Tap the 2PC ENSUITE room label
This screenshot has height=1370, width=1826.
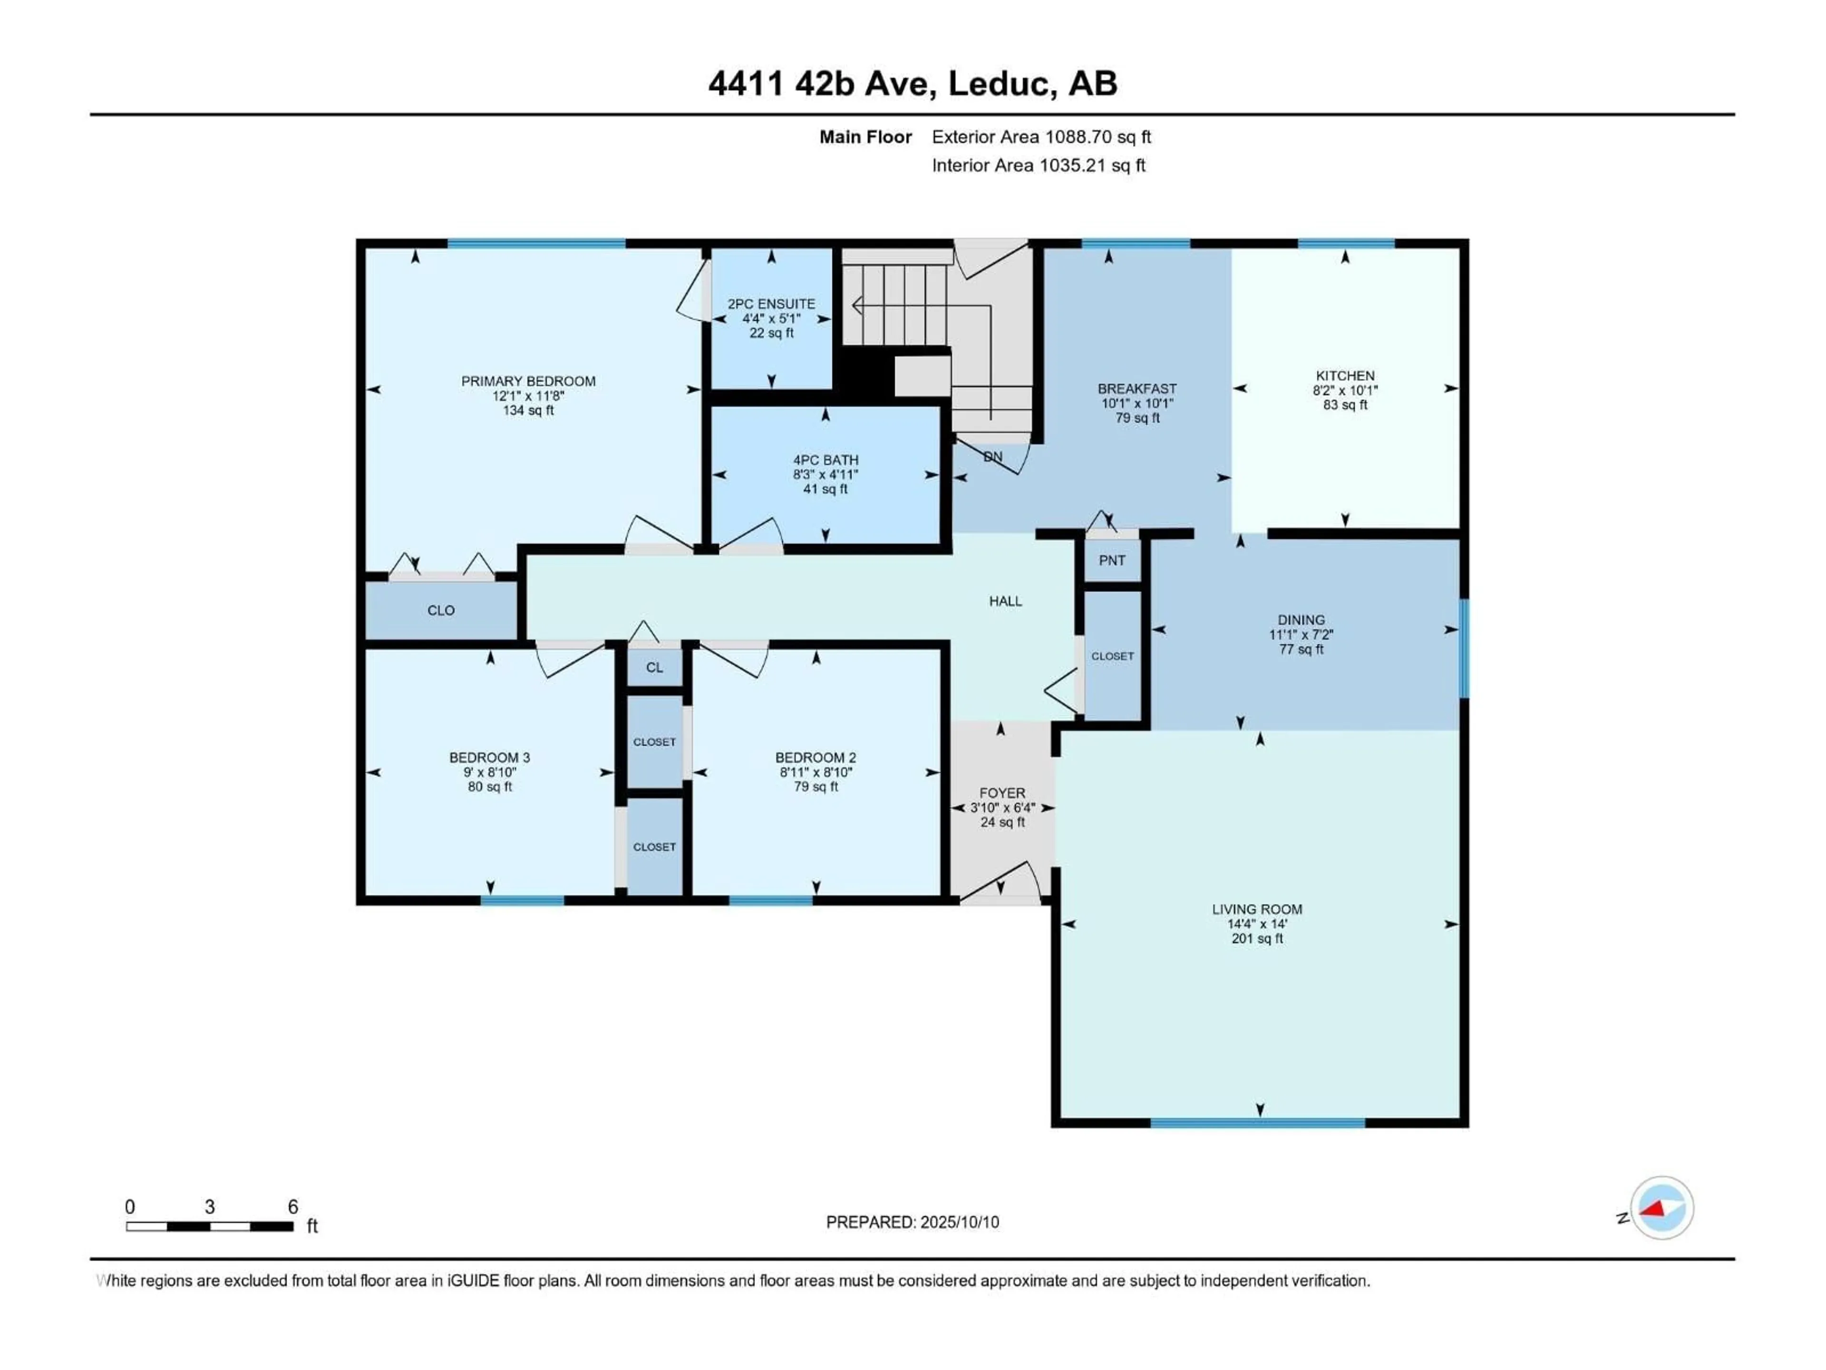point(771,304)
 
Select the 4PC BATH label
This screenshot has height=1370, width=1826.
point(826,460)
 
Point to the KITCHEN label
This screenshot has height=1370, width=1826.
point(1345,376)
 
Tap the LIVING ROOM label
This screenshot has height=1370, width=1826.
point(1256,909)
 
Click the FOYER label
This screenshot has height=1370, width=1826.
point(1002,793)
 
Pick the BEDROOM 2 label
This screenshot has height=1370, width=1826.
point(816,757)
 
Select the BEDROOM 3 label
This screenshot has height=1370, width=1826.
point(489,757)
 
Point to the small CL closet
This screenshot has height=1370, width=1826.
point(655,667)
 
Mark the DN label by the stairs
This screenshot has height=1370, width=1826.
point(993,457)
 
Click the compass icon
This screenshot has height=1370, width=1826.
point(1662,1207)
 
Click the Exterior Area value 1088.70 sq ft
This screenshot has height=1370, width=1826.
point(1098,137)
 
